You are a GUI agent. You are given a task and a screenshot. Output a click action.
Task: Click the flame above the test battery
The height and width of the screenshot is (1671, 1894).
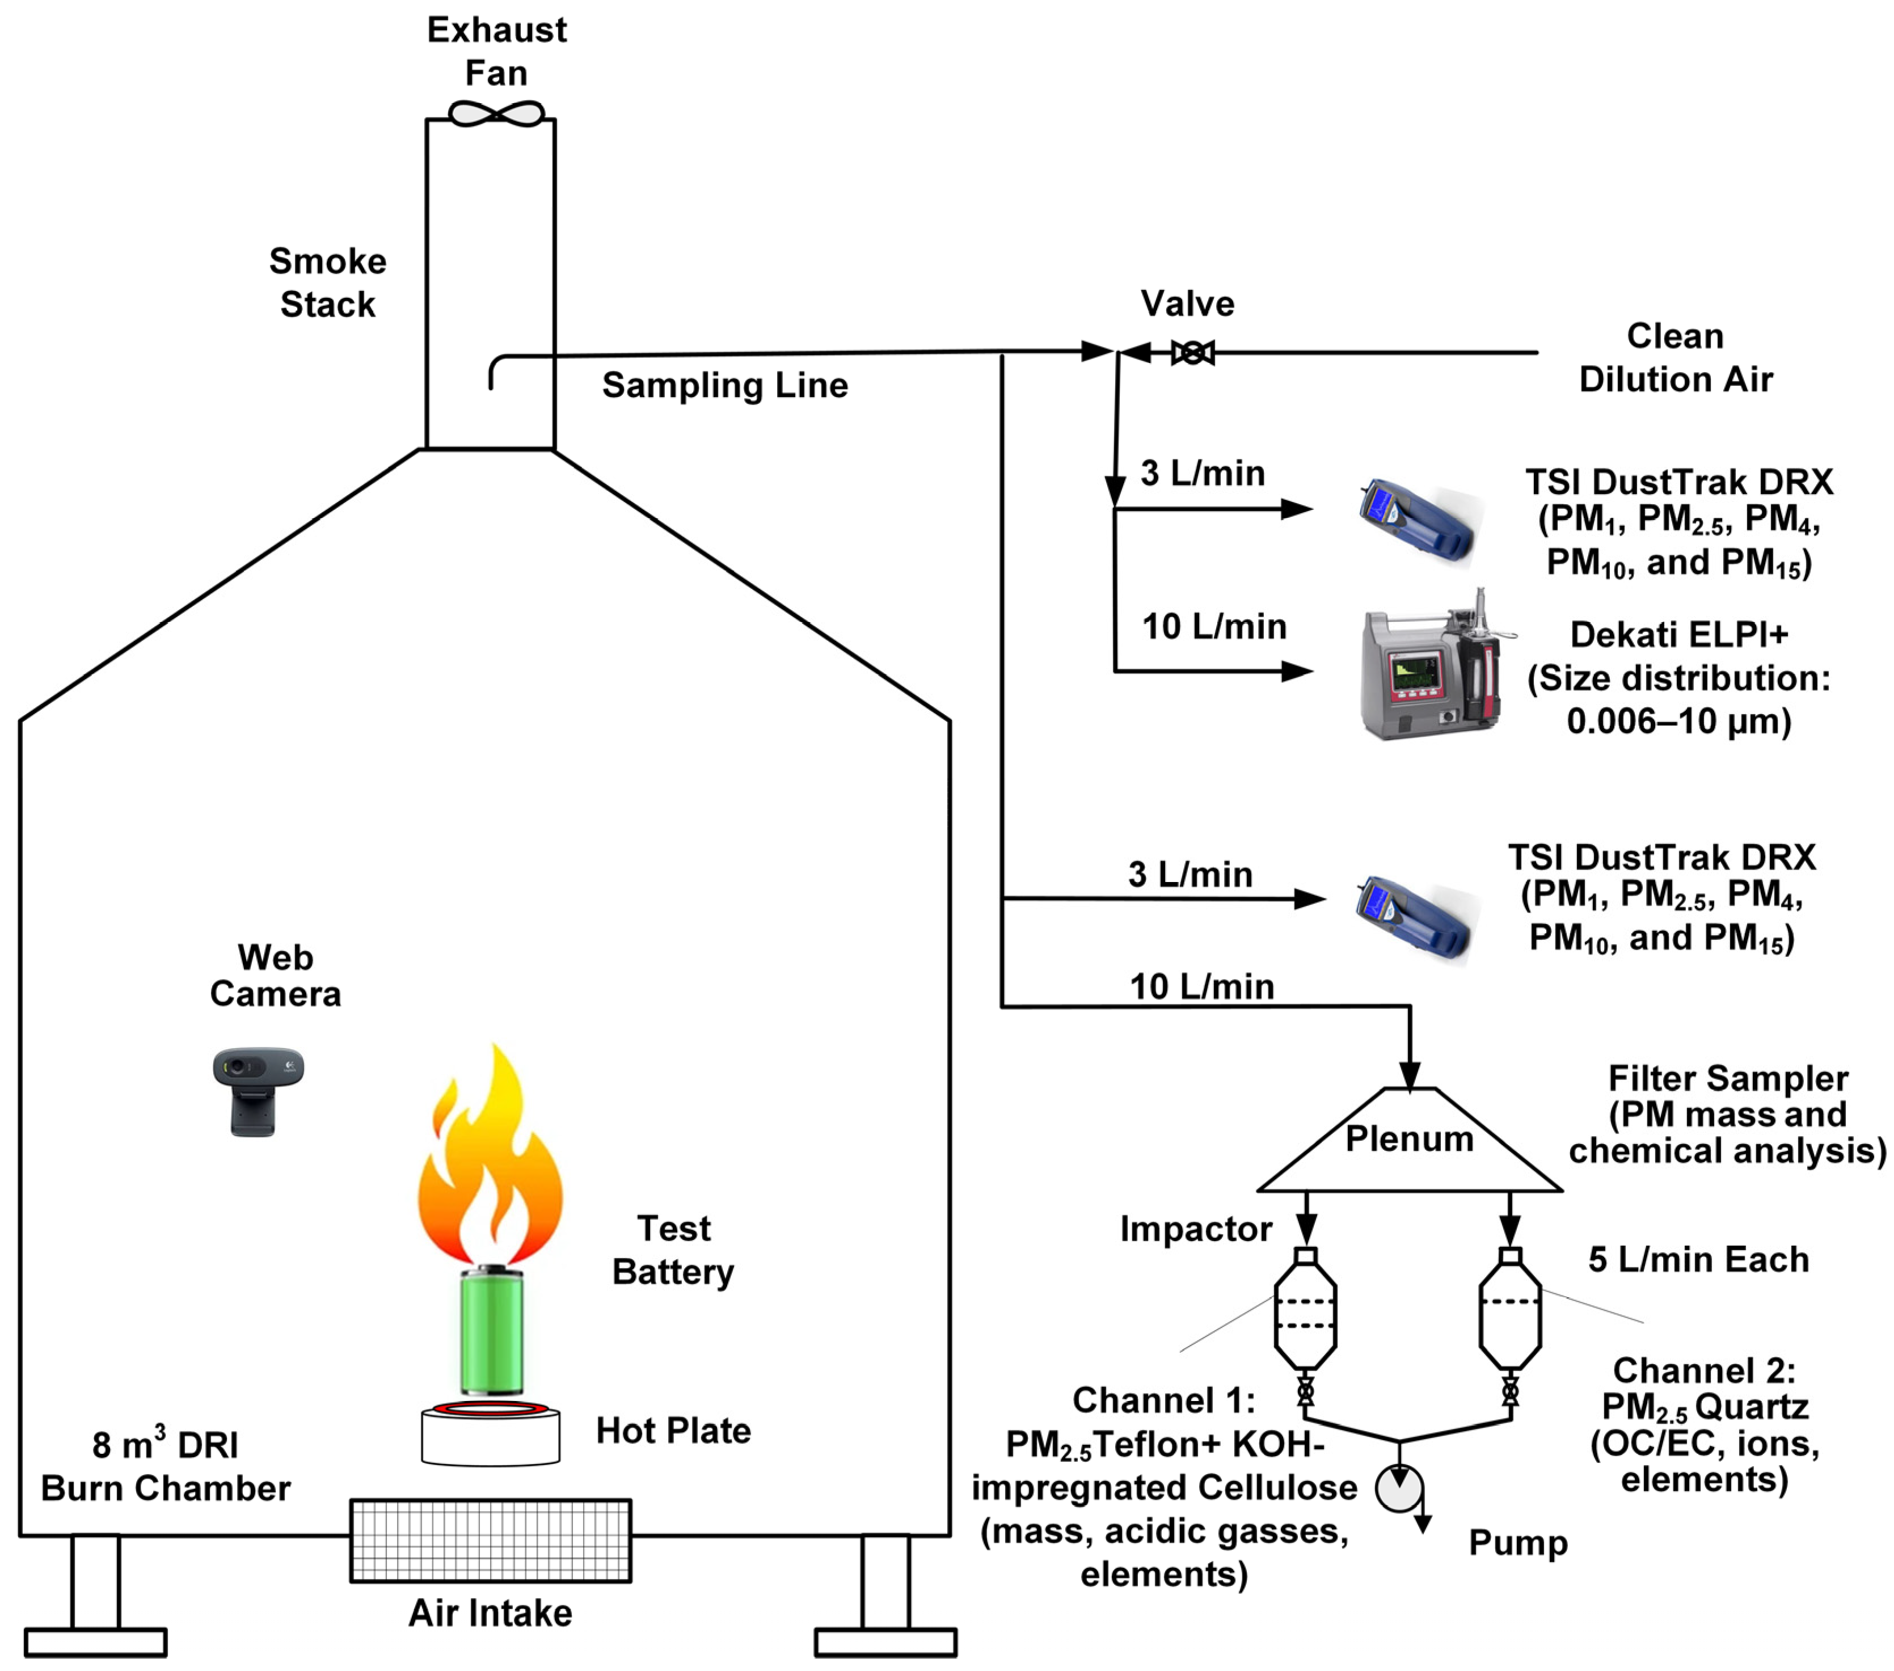[x=490, y=1163]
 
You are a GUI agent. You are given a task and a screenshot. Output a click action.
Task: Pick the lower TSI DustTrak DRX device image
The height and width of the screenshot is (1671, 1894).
[x=1413, y=918]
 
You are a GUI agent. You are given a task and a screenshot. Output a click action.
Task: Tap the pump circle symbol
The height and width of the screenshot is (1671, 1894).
[x=1398, y=1488]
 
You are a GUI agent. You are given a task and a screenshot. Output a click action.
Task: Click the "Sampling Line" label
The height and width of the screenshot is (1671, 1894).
[x=724, y=386]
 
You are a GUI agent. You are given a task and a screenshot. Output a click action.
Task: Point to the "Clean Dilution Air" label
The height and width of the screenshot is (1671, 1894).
[x=1674, y=358]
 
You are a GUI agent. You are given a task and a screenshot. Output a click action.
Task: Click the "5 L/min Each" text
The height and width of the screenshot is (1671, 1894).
[x=1698, y=1260]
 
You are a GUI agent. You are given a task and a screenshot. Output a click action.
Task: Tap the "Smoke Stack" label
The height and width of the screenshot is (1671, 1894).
[x=327, y=282]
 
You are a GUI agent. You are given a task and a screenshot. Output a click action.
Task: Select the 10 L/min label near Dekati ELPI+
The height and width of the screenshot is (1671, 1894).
[x=1214, y=627]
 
